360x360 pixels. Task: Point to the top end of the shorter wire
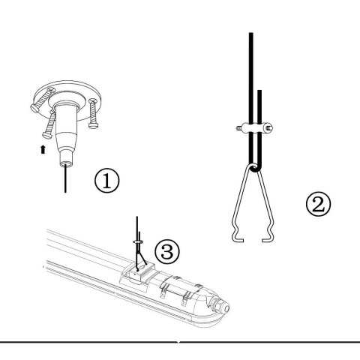click(259, 91)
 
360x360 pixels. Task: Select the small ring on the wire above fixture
click(136, 241)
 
